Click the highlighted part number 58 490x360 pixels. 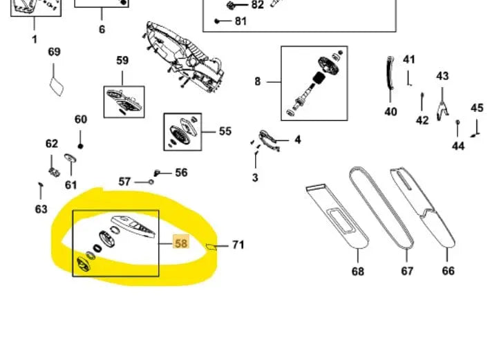coord(181,243)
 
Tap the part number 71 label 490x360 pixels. coord(238,245)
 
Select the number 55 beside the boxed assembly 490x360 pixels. coord(225,131)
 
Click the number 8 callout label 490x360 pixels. coord(258,82)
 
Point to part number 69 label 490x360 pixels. coord(54,52)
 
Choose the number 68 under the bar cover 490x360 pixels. coord(358,272)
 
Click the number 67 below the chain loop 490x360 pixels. coord(407,271)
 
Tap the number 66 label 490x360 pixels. coord(448,271)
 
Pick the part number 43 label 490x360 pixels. coord(442,76)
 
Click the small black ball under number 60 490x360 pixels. coord(80,146)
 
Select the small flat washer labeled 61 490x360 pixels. coord(70,158)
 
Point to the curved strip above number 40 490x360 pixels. coord(390,73)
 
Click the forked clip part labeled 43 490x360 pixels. coord(442,111)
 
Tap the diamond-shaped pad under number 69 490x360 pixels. coord(57,86)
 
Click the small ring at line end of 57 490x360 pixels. coord(151,182)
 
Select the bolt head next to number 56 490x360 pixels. coord(157,173)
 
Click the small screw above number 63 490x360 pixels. coord(40,185)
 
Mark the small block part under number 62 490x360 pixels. coord(55,172)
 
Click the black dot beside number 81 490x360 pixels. coord(217,21)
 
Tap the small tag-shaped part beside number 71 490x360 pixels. coord(211,247)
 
